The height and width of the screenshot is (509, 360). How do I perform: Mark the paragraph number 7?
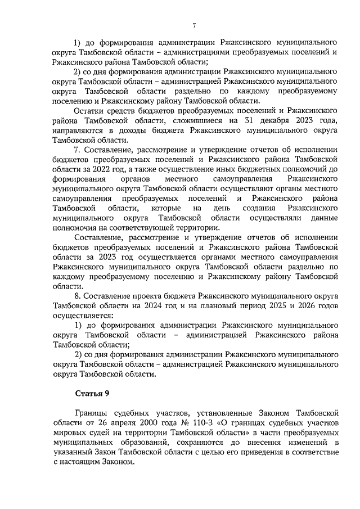click(x=77, y=150)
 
